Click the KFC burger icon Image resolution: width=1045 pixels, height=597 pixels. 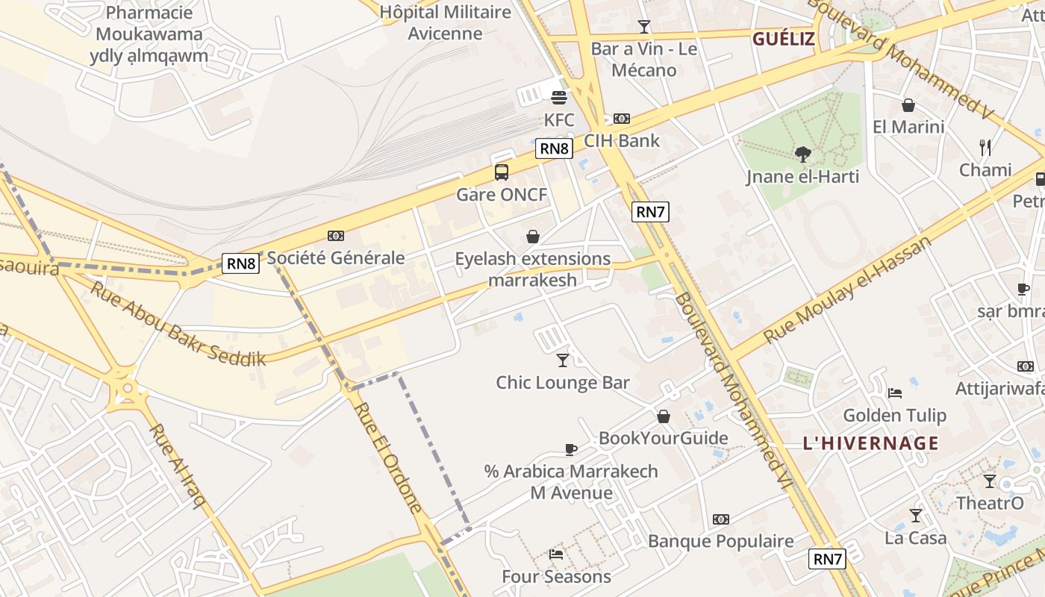pyautogui.click(x=559, y=98)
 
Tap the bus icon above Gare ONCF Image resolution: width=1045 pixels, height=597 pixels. pyautogui.click(x=502, y=172)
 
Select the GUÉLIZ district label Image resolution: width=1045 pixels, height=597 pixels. pyautogui.click(x=783, y=39)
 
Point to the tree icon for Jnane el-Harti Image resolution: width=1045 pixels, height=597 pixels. pyautogui.click(x=803, y=154)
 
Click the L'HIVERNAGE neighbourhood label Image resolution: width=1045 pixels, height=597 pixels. pyautogui.click(x=870, y=443)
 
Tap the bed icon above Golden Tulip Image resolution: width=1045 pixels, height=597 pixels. pyautogui.click(x=895, y=393)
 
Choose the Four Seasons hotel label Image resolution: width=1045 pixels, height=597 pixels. pyautogui.click(x=556, y=577)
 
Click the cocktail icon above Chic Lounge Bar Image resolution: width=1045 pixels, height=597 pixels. pyautogui.click(x=563, y=360)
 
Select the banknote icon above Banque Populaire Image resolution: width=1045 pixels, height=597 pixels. pyautogui.click(x=720, y=519)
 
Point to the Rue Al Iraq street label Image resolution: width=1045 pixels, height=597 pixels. pyautogui.click(x=177, y=466)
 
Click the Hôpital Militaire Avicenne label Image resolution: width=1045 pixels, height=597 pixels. pyautogui.click(x=445, y=22)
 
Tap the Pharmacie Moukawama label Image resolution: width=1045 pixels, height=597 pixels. pyautogui.click(x=149, y=34)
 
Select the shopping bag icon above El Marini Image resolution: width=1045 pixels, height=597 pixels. pyautogui.click(x=908, y=105)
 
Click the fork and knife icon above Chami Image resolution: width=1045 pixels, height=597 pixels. pyautogui.click(x=985, y=148)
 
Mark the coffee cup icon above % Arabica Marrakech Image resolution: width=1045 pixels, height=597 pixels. pyautogui.click(x=571, y=449)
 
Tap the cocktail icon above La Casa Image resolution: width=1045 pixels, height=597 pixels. pyautogui.click(x=915, y=516)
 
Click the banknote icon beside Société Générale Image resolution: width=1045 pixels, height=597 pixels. pyautogui.click(x=336, y=236)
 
